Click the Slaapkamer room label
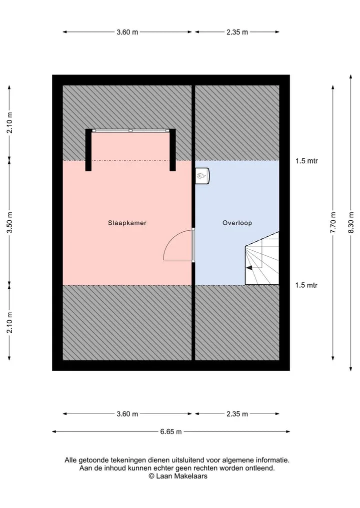pyautogui.click(x=127, y=223)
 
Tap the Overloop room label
pyautogui.click(x=237, y=223)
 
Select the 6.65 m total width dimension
pyautogui.click(x=171, y=432)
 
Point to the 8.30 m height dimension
pyautogui.click(x=351, y=223)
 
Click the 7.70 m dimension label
pyautogui.click(x=333, y=223)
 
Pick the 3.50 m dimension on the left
pyautogui.click(x=9, y=223)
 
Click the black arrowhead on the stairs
pyautogui.click(x=249, y=268)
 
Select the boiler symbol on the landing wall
pyautogui.click(x=202, y=176)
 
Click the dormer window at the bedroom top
pyautogui.click(x=130, y=130)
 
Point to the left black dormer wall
pyautogui.click(x=88, y=150)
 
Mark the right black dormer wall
pyautogui.click(x=172, y=150)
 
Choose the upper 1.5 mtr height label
pyautogui.click(x=306, y=161)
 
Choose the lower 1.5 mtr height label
pyautogui.click(x=306, y=285)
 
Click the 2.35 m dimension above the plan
pyautogui.click(x=237, y=32)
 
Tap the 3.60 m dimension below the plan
pyautogui.click(x=127, y=414)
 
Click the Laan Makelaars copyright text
pyautogui.click(x=178, y=476)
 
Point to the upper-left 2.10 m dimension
pyautogui.click(x=9, y=122)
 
